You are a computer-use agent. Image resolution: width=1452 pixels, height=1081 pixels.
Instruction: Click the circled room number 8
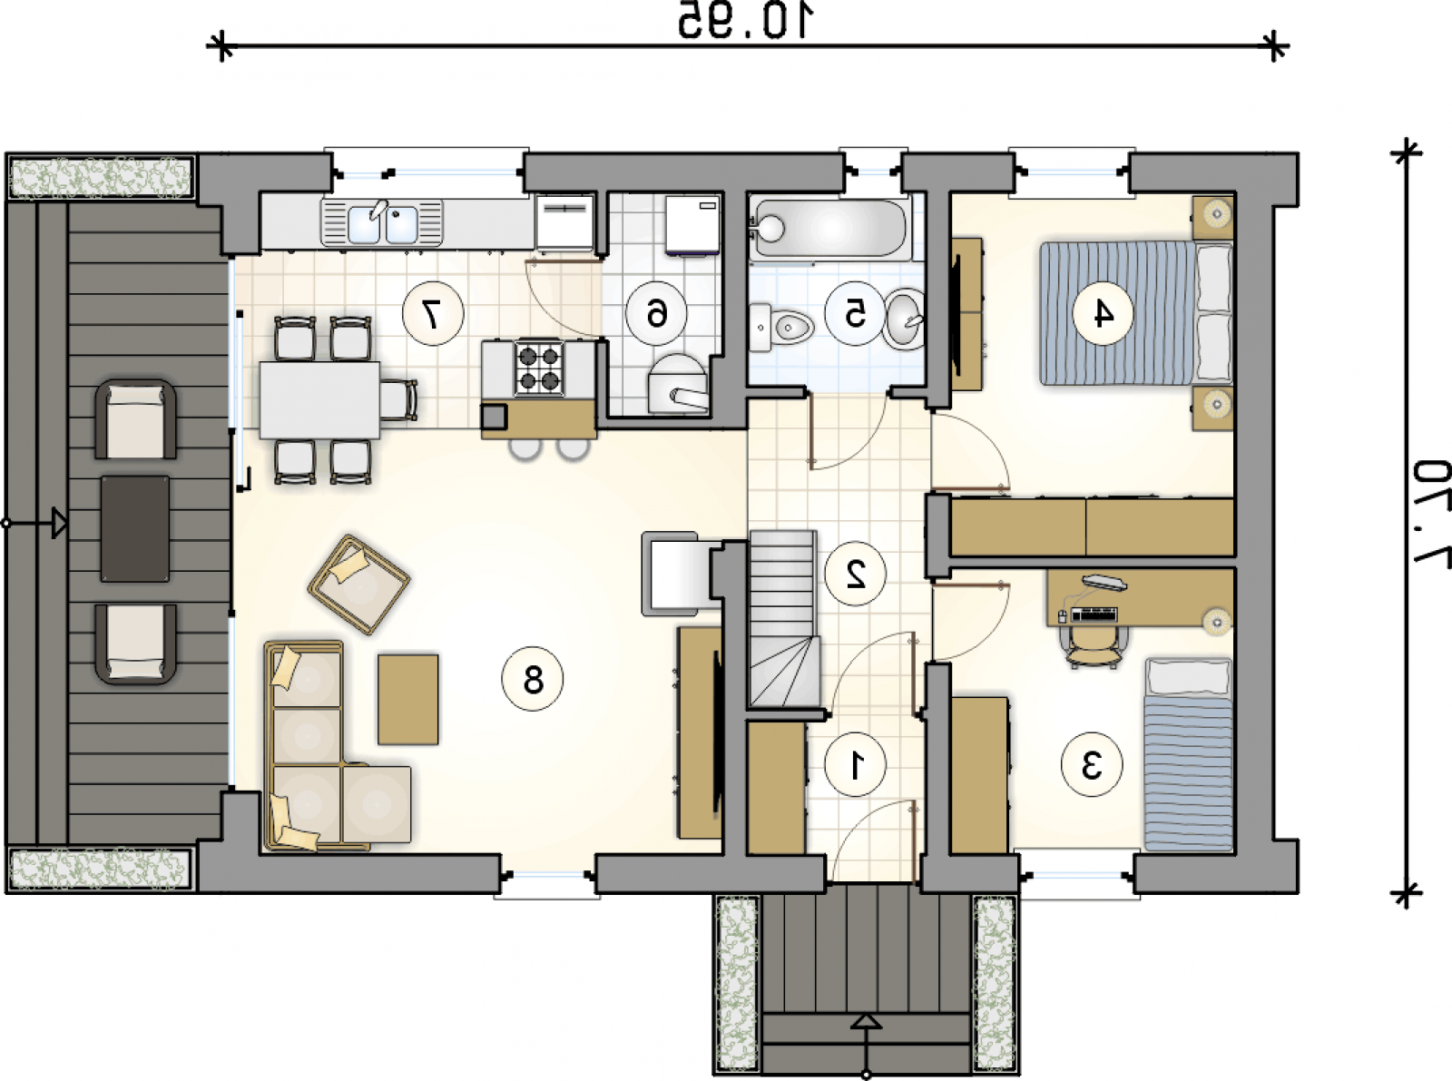click(532, 679)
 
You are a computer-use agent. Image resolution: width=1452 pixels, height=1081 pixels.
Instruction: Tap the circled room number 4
click(1104, 314)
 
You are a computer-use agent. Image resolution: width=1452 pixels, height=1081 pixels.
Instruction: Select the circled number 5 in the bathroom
click(855, 314)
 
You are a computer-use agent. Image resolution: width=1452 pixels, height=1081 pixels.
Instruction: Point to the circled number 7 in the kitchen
click(433, 314)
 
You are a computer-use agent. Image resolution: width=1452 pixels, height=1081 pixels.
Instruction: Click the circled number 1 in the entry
click(855, 765)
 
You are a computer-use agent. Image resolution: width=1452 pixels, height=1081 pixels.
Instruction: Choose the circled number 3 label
click(1092, 765)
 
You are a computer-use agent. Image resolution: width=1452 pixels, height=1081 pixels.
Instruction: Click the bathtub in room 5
click(830, 228)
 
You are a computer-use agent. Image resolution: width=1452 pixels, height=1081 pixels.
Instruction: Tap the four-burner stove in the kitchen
click(539, 368)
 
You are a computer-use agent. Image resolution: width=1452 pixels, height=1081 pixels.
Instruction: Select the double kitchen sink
click(381, 223)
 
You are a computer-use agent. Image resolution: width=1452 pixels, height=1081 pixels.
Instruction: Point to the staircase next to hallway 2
click(783, 619)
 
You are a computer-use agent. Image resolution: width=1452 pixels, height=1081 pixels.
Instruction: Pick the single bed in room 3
click(1188, 754)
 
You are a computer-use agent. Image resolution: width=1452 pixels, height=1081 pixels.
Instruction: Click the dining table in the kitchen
click(319, 400)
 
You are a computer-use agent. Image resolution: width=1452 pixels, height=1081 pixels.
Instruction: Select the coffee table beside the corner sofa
click(407, 699)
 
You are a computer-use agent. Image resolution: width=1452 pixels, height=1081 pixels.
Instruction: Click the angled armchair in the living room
click(358, 585)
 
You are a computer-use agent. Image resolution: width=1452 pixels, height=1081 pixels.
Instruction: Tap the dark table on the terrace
click(135, 529)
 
